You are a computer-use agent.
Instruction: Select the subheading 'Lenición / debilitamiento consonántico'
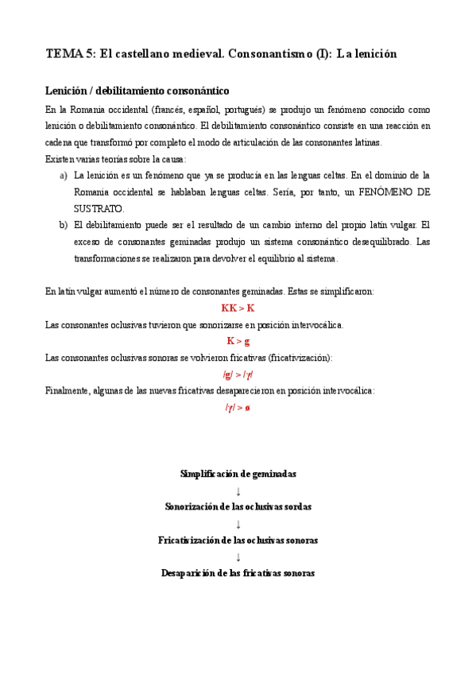137,91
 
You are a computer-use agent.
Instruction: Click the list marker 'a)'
64,175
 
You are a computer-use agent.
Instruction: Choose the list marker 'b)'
64,225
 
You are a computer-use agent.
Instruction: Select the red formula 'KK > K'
238,308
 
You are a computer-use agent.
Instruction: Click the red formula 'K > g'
238,341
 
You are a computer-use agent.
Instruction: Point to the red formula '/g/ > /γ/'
238,374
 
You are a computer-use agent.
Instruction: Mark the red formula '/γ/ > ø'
238,408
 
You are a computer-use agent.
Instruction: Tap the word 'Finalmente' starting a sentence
69,391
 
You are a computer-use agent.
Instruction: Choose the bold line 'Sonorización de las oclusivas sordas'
238,506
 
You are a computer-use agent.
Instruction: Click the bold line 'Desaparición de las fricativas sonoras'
238,572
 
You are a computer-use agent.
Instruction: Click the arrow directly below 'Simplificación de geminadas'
238,490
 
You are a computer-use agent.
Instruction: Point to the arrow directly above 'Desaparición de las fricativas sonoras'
238,556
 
